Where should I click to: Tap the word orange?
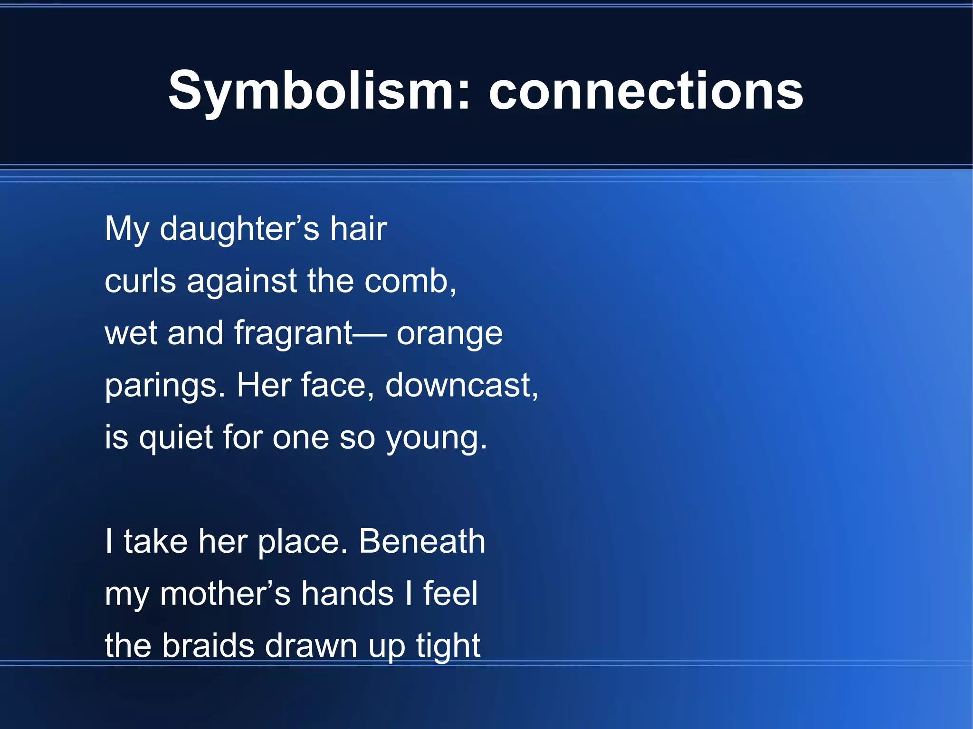click(x=449, y=334)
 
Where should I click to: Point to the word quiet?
click(x=175, y=438)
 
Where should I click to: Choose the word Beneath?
click(x=422, y=542)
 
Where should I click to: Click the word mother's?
click(x=225, y=594)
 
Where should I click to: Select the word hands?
click(x=348, y=594)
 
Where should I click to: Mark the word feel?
click(x=450, y=594)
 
